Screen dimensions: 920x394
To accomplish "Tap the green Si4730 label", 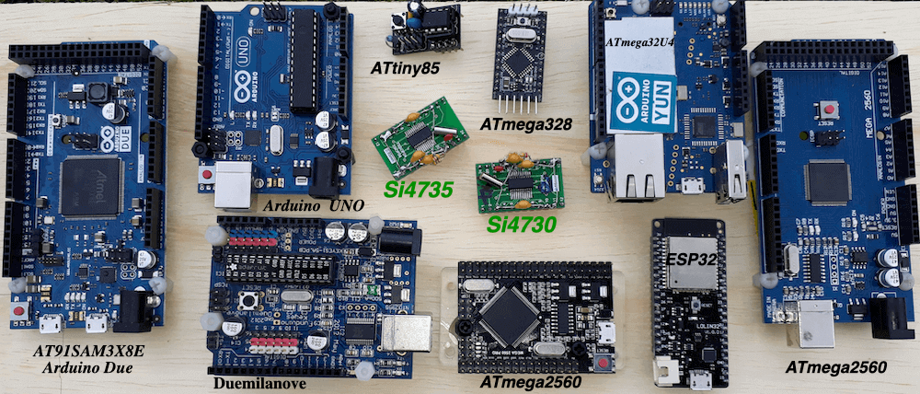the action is pos(523,224).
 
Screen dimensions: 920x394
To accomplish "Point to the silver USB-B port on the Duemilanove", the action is pos(406,332).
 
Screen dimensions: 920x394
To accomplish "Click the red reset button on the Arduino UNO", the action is pos(208,173).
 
